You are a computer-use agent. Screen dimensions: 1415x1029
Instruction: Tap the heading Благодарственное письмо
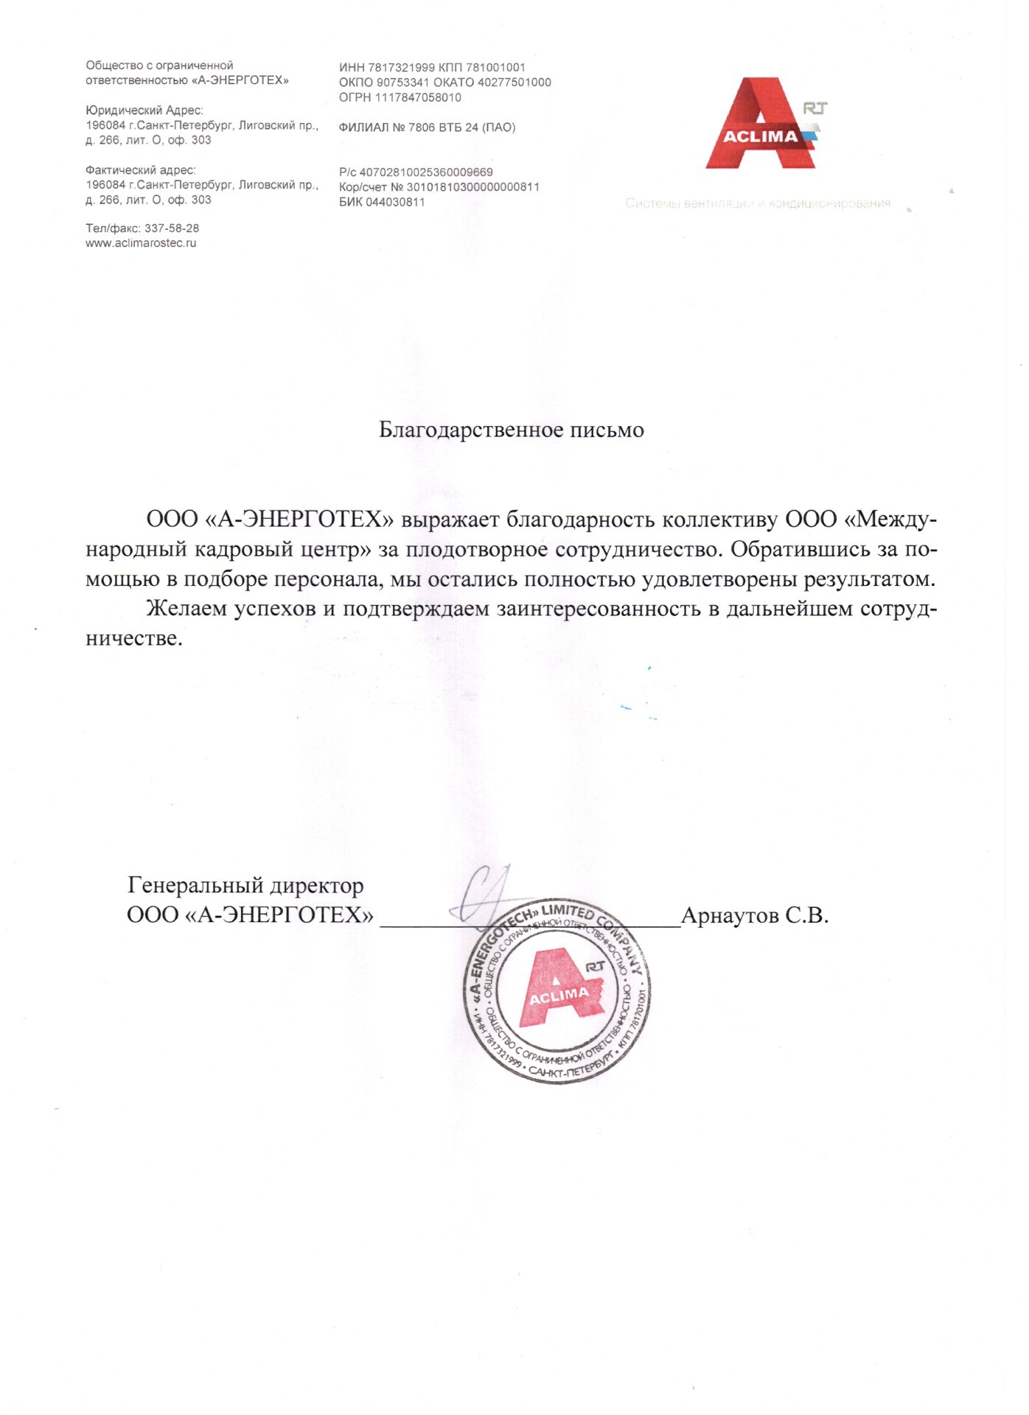click(511, 430)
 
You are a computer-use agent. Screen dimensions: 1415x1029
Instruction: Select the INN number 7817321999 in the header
click(401, 67)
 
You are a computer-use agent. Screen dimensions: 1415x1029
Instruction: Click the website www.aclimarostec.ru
click(141, 243)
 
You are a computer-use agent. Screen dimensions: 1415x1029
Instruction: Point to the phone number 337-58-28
click(172, 228)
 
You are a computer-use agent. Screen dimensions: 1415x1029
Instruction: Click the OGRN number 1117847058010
click(418, 97)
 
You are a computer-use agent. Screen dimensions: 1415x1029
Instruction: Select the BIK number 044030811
click(395, 202)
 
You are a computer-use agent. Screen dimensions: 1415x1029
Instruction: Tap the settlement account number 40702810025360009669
click(426, 172)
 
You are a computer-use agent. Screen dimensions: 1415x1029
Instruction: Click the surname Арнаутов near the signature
click(730, 915)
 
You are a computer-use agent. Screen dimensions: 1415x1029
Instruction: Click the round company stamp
click(557, 991)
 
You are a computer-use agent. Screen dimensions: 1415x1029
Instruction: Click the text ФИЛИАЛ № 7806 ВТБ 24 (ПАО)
click(427, 127)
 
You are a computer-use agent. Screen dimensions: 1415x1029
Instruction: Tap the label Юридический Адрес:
click(144, 111)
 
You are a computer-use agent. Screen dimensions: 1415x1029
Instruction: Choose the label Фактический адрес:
click(141, 170)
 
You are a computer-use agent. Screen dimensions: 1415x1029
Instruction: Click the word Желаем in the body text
click(186, 609)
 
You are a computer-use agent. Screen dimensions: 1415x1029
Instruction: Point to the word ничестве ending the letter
click(133, 638)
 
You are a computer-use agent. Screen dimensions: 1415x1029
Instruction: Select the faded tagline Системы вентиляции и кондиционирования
click(758, 203)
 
